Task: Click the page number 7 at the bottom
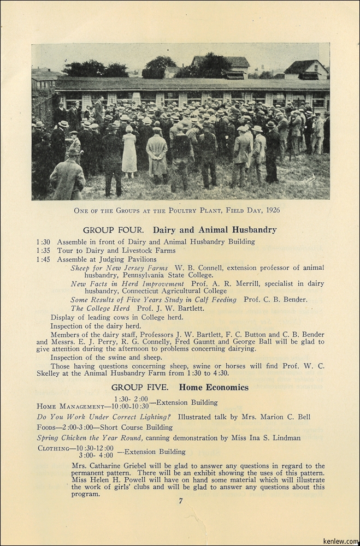(x=180, y=501)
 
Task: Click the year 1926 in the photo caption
(x=270, y=210)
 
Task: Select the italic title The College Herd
(x=95, y=308)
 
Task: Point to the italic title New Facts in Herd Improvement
(x=127, y=284)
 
